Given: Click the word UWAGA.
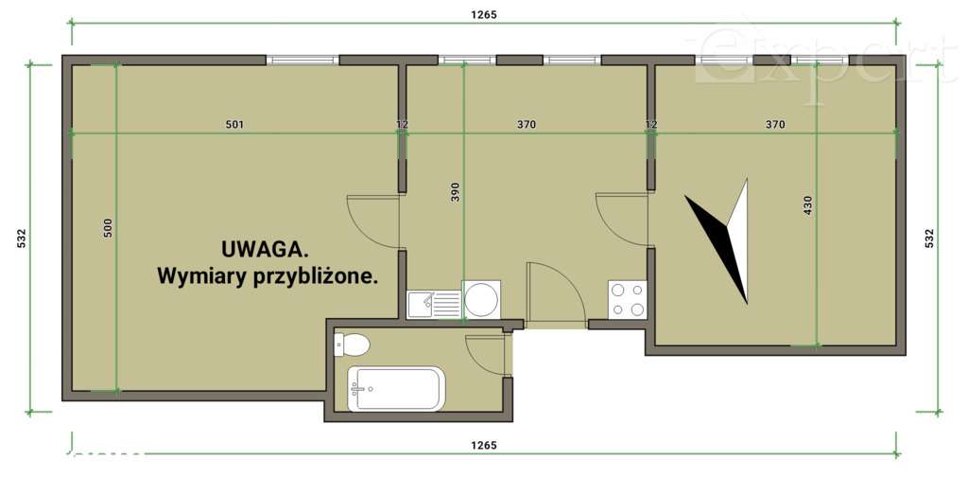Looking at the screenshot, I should coord(265,249).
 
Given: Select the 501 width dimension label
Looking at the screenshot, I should coord(234,124).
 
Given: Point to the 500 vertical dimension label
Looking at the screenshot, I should coord(108,227).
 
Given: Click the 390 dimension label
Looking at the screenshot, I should coord(455,193).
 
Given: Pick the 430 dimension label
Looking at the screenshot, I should coord(807,204).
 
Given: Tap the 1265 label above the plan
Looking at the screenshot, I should coord(483,14).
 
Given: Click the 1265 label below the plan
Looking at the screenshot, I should coord(483,444).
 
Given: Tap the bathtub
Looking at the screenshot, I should coord(395,388).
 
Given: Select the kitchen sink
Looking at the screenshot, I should coord(434,304).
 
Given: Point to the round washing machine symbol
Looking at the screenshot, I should coord(481,299).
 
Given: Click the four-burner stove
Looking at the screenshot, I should coord(627,300).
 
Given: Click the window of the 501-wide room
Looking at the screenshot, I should coord(302,61).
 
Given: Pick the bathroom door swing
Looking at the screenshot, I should coord(491,353).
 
